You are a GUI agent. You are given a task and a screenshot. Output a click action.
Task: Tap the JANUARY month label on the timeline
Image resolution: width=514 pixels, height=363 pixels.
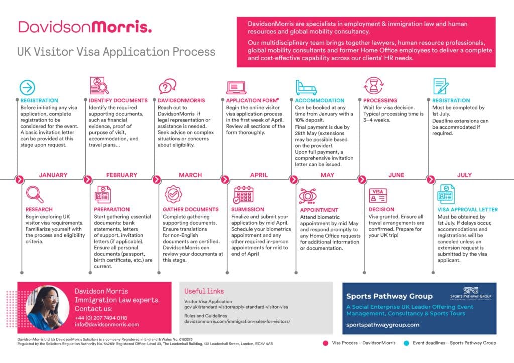53,175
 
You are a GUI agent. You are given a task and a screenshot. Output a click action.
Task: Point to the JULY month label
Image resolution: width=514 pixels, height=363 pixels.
465,175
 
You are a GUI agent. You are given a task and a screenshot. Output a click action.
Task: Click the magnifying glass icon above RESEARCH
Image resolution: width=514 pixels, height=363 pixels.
34,194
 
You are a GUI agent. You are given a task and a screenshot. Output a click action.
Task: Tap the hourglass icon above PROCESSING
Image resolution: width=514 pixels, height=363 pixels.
373,86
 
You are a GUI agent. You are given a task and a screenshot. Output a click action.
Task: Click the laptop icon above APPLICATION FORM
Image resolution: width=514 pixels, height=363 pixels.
236,87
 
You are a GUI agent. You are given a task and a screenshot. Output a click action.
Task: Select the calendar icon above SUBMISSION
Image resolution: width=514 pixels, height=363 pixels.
243,194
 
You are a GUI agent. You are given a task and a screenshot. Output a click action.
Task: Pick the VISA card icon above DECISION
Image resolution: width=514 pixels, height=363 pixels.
378,195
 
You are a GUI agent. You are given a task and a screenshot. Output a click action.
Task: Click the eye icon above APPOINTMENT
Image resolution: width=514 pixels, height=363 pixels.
309,195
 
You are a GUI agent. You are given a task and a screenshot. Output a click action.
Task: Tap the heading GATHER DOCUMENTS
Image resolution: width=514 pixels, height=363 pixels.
190,209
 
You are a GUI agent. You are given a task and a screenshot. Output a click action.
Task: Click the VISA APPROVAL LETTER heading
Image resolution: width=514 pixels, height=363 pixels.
467,209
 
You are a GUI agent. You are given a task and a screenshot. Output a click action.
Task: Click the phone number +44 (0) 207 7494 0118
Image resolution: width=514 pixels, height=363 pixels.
101,318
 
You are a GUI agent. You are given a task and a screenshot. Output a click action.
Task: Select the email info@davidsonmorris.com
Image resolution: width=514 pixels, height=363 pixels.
106,325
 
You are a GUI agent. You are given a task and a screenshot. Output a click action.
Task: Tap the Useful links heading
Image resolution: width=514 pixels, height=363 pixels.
204,291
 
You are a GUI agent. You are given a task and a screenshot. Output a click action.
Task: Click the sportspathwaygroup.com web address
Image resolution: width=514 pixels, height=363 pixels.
382,325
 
